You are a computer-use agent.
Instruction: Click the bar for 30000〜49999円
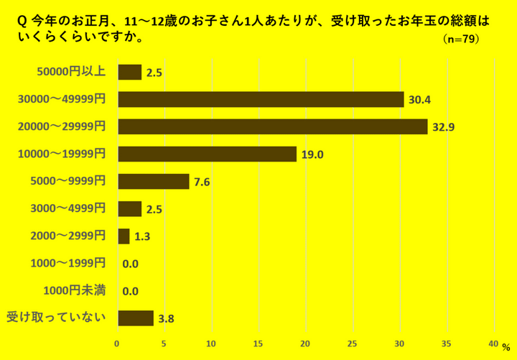[x=261, y=99]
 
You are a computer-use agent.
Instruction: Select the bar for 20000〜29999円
[x=272, y=126]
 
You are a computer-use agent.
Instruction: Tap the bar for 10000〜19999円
[x=207, y=154]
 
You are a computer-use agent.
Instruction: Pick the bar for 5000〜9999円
[x=153, y=181]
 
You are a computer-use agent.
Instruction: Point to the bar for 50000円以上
[x=129, y=72]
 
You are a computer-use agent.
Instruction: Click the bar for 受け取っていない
[x=135, y=318]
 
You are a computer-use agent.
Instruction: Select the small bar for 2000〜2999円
[x=124, y=236]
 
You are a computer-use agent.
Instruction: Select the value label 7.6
[x=202, y=182]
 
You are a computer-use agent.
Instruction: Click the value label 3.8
[x=167, y=318]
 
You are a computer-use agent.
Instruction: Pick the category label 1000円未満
[x=75, y=290]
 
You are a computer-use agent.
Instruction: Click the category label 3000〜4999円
[x=68, y=208]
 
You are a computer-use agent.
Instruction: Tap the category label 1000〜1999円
[x=68, y=263]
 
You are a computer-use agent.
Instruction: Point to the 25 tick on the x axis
[x=353, y=343]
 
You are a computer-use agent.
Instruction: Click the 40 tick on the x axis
[x=493, y=343]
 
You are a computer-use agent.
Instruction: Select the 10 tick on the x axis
[x=211, y=343]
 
